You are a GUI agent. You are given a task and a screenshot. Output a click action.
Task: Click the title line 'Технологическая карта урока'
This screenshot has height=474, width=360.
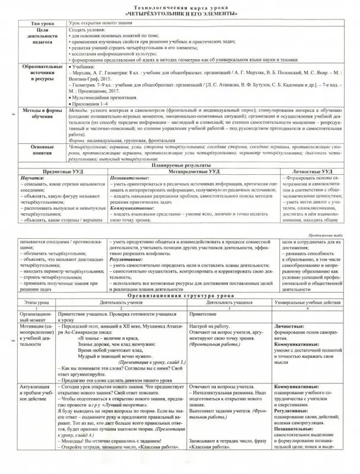click(180, 6)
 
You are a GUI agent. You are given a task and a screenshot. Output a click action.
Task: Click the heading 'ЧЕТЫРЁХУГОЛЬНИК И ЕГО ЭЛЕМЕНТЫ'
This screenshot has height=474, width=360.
click(180, 12)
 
